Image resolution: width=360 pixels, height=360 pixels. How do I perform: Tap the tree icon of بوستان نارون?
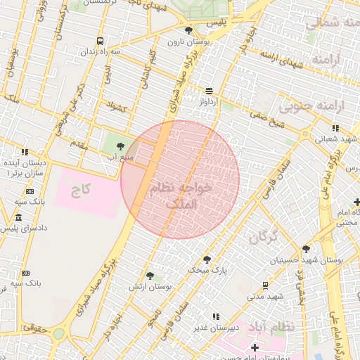(188, 30)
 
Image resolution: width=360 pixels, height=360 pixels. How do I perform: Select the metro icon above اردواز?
(209, 90)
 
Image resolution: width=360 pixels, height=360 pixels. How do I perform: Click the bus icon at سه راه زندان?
(101, 41)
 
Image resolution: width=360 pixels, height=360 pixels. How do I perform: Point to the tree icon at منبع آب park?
(120, 146)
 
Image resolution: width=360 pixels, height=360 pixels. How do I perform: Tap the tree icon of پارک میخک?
(207, 259)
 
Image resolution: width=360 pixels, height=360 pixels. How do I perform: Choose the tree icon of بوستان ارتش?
(150, 276)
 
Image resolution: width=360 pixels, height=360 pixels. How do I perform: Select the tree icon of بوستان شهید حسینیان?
(306, 249)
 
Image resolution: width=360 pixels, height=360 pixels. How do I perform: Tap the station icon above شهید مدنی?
(265, 285)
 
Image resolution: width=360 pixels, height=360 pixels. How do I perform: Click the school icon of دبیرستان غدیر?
(216, 316)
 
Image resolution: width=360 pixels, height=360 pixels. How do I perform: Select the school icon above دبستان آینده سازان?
(25, 151)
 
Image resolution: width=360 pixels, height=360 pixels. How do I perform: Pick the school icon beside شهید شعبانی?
(335, 128)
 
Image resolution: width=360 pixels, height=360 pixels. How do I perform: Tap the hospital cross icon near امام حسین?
(255, 347)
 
